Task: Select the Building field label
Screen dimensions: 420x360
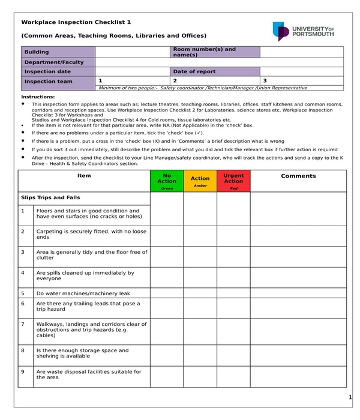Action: tap(58, 52)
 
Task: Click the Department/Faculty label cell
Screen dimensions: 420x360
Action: tap(58, 62)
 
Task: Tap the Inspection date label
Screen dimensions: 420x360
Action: tap(58, 71)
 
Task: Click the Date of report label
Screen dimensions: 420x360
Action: tap(215, 71)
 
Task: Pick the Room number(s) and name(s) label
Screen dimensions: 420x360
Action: tap(215, 52)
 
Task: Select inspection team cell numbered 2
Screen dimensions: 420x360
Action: tap(215, 80)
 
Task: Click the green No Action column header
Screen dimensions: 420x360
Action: tap(167, 181)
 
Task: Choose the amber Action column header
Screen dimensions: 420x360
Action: tap(200, 181)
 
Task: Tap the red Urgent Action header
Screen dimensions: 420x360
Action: tap(233, 181)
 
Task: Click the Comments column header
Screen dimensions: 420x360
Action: tap(298, 176)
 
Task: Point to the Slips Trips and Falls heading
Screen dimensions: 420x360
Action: tap(50, 197)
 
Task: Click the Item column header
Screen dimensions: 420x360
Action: tap(84, 176)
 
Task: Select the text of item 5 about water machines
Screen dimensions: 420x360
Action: tap(83, 293)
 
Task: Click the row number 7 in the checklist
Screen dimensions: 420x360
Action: tap(23, 324)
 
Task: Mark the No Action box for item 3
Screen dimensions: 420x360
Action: tap(167, 257)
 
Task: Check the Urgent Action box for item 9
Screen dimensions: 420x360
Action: tap(233, 376)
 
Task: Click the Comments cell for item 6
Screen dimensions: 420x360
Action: tap(298, 308)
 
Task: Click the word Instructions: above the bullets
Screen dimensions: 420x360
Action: tap(38, 97)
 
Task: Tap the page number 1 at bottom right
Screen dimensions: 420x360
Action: tap(350, 398)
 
